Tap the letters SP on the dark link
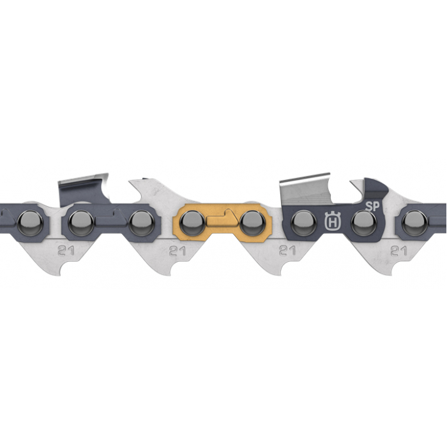(x=372, y=207)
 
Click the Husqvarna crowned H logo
(x=333, y=220)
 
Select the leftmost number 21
(x=66, y=250)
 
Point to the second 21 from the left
(x=178, y=251)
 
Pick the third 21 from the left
(x=287, y=250)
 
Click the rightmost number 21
(x=399, y=251)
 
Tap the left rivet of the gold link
(x=192, y=223)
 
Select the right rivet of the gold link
(x=252, y=223)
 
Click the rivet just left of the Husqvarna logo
(x=303, y=223)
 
